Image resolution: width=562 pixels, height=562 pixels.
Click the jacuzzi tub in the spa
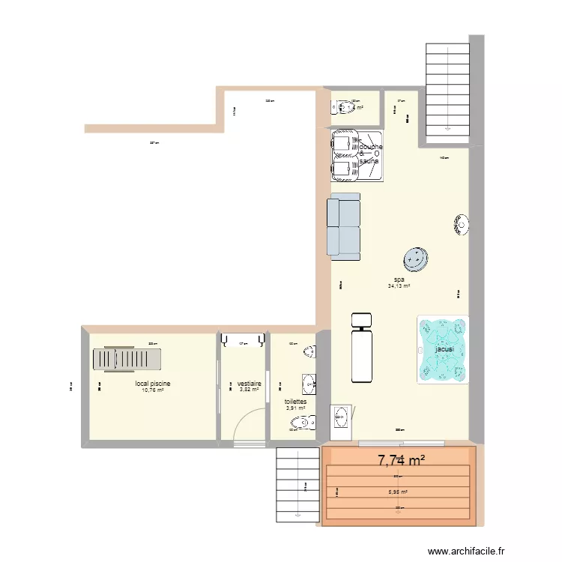[x=443, y=350]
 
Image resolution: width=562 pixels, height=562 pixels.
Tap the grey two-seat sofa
[x=344, y=227]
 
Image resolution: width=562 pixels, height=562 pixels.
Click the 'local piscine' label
[x=152, y=384]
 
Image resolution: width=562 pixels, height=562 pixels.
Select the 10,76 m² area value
[x=152, y=390]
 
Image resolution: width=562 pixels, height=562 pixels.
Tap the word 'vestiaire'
[x=249, y=383]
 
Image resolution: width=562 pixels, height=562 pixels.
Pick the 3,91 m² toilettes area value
[x=294, y=408]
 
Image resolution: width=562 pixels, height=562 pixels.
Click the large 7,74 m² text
[x=401, y=459]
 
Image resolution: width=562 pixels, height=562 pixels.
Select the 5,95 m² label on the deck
[x=398, y=492]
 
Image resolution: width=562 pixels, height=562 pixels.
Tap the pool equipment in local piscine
[x=126, y=359]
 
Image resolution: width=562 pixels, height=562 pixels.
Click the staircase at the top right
[x=447, y=90]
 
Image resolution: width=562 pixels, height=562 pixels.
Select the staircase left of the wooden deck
[x=298, y=484]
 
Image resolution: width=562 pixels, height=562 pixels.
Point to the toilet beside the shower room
[x=345, y=108]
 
